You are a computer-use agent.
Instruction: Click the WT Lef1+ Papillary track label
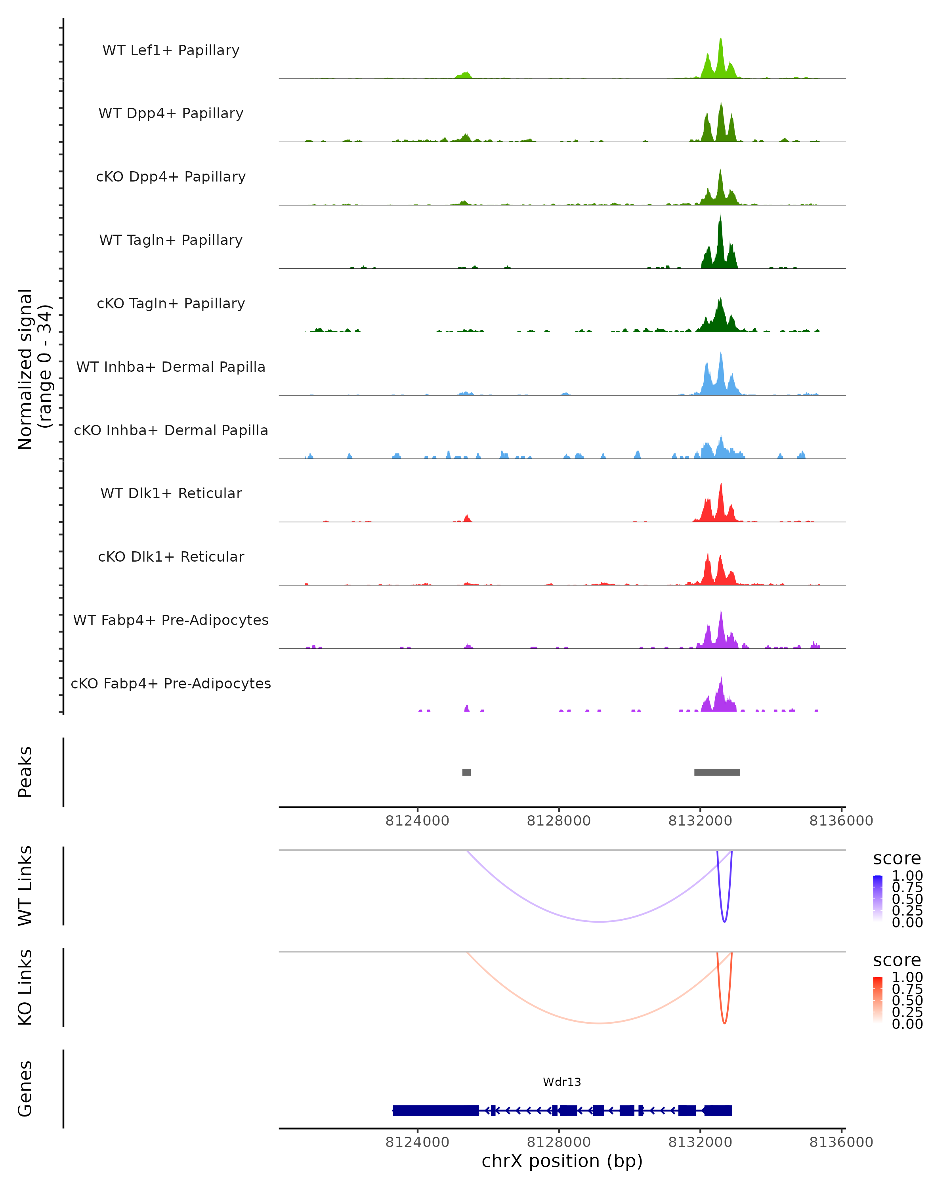tap(171, 50)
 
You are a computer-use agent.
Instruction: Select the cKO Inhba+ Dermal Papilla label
tap(171, 430)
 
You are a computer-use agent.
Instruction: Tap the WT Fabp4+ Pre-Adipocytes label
tap(171, 620)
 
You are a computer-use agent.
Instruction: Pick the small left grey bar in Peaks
tap(466, 772)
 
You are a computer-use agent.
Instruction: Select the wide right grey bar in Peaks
tap(717, 772)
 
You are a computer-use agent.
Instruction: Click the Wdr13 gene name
tap(562, 1082)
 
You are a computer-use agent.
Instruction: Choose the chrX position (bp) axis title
tap(562, 1161)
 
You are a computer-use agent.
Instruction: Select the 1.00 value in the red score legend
tap(907, 977)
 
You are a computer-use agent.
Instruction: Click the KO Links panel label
tap(25, 987)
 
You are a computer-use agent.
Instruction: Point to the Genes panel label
tap(25, 1089)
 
